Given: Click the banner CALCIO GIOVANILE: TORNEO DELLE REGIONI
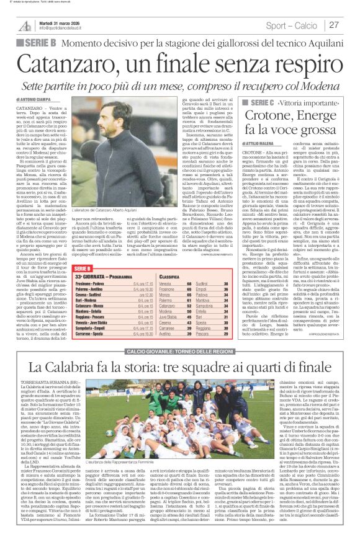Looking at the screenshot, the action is (x=180, y=369).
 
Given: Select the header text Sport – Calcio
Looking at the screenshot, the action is (x=295, y=25).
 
